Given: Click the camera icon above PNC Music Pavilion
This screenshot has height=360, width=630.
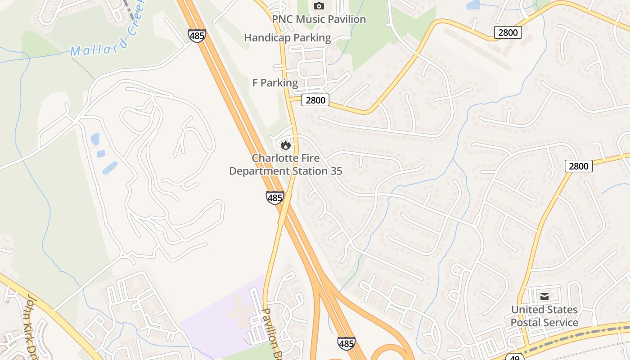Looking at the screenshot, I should tap(319, 6).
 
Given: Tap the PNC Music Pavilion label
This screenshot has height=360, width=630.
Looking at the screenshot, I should tap(319, 19).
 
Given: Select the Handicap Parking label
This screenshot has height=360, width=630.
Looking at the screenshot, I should tap(287, 38).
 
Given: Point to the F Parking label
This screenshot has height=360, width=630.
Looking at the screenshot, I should tap(275, 83).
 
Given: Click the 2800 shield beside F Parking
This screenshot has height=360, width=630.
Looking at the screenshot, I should tap(315, 100).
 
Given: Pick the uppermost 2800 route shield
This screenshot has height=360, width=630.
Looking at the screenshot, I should tap(508, 32).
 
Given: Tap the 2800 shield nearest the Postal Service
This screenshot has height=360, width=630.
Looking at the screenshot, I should tap(578, 166).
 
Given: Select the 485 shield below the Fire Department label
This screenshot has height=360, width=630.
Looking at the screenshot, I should tap(274, 198).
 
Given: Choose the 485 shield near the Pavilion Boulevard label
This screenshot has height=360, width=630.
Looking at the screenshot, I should tap(346, 343).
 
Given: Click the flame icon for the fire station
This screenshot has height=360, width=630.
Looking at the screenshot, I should tap(285, 145).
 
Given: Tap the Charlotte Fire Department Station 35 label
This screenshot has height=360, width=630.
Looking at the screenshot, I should tap(285, 165).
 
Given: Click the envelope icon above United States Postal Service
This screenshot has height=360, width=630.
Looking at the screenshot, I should tap(544, 296).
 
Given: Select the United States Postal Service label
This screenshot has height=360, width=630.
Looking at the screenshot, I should tap(544, 316).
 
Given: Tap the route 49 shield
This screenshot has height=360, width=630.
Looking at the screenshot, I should tap(514, 357).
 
